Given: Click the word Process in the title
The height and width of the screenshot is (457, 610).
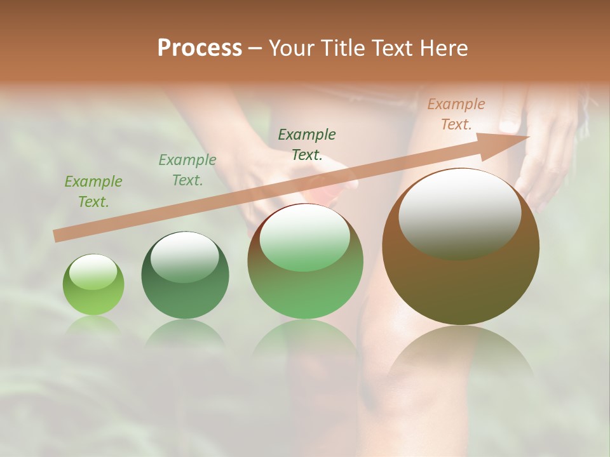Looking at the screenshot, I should (x=200, y=48).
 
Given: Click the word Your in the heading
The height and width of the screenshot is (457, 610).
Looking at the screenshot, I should (x=292, y=48).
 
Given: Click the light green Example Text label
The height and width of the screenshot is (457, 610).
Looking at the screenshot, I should (x=93, y=192).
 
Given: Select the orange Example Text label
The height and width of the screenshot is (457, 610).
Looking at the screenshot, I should (x=456, y=114).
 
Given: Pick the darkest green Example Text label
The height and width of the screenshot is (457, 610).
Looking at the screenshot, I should (x=307, y=144).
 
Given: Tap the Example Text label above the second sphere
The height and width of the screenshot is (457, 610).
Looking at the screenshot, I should (x=187, y=170).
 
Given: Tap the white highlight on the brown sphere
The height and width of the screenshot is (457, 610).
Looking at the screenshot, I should (x=459, y=213).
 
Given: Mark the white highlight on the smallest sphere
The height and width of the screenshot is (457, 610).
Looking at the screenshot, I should (x=93, y=272).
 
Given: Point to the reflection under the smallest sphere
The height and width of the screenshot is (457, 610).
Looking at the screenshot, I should (x=93, y=325).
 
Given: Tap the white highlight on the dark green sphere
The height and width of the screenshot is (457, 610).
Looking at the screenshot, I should (x=184, y=256).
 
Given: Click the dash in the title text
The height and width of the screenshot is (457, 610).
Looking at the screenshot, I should (x=255, y=48).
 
